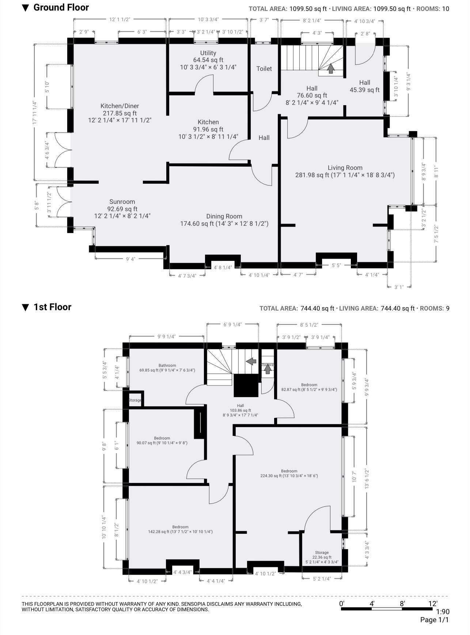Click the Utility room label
[x=208, y=60]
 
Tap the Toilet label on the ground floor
[x=264, y=69]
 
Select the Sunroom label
[x=122, y=209]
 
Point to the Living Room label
[x=345, y=171]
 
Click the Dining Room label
[x=224, y=220]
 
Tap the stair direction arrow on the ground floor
[x=331, y=68]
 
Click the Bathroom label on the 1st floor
[x=167, y=368]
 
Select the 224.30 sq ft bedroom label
[x=289, y=473]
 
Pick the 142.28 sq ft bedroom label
[x=180, y=529]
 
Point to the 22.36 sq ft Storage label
[x=322, y=557]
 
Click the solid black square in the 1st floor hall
[x=246, y=385]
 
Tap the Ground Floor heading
[x=61, y=8]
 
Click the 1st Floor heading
[x=52, y=307]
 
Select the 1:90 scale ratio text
[x=443, y=612]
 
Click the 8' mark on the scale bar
[x=402, y=603]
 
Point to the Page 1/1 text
[x=434, y=620]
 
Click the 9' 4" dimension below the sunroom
[x=130, y=259]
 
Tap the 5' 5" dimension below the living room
[x=336, y=265]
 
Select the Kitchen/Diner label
[x=120, y=113]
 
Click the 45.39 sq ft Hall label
[x=364, y=86]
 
